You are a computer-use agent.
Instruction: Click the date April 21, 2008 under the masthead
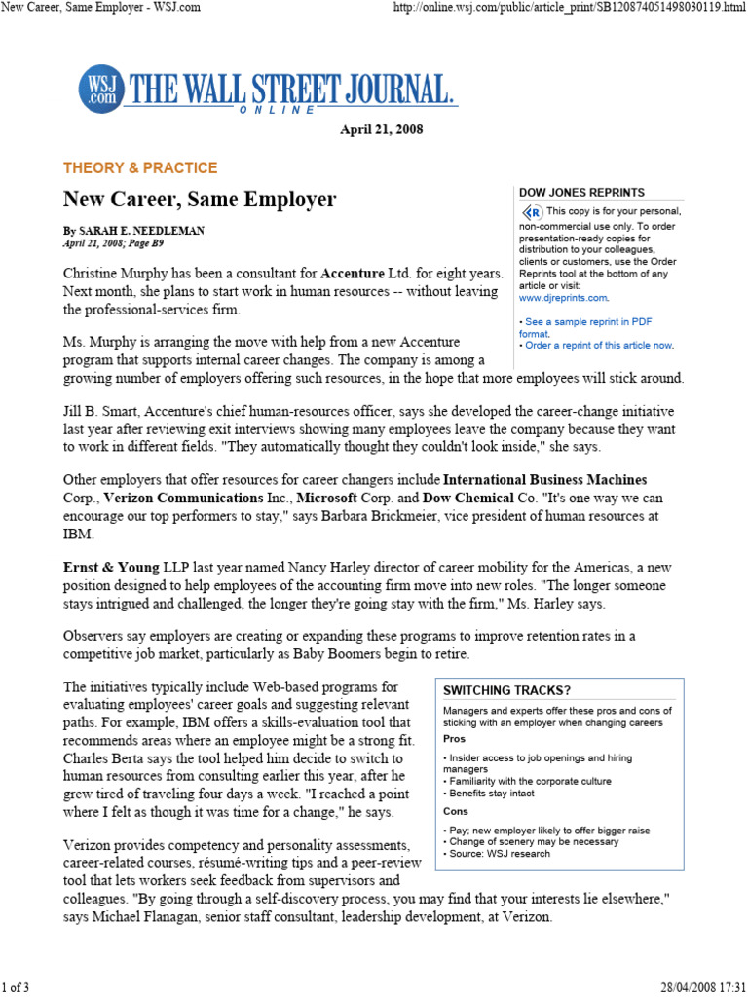pos(381,129)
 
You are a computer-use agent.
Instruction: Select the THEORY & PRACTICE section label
pos(140,167)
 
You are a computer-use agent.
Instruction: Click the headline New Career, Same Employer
pos(200,200)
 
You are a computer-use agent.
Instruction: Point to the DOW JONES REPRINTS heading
pos(580,193)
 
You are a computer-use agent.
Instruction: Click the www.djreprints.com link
pos(563,298)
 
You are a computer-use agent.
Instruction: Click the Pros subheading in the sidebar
pos(453,738)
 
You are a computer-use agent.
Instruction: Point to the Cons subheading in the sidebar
pos(455,811)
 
